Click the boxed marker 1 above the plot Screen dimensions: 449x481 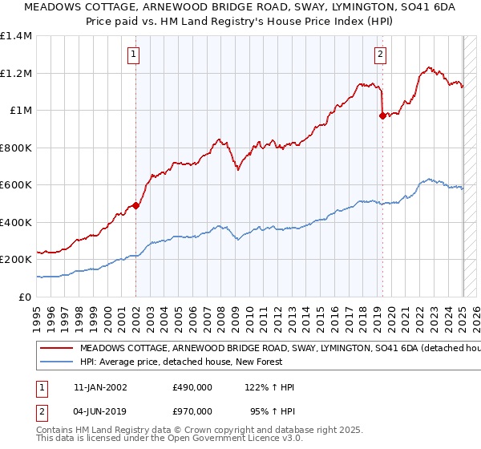click(x=132, y=55)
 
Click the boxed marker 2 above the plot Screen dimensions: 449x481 click(x=379, y=55)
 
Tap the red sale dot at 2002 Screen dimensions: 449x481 click(x=135, y=205)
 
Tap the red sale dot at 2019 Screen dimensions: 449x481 click(x=382, y=116)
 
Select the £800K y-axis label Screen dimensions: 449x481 click(x=16, y=148)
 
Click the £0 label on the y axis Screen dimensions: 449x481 click(x=26, y=297)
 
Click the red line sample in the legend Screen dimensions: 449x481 click(x=56, y=349)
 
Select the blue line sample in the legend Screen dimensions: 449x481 click(x=56, y=363)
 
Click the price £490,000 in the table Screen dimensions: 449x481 click(x=192, y=387)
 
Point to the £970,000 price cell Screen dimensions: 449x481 click(x=192, y=411)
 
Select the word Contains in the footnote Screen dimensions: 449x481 click(x=56, y=431)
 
